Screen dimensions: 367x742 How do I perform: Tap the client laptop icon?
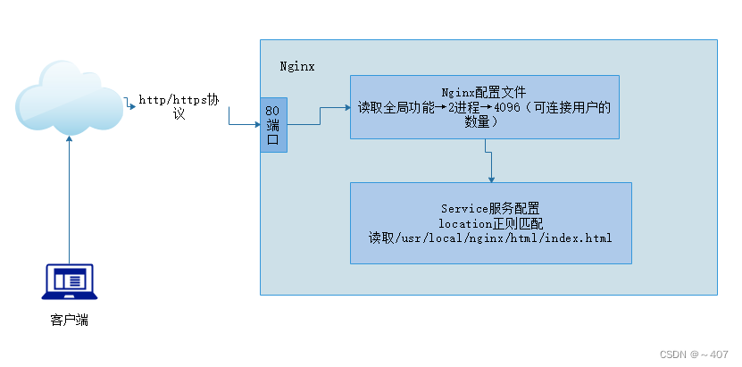pos(69,282)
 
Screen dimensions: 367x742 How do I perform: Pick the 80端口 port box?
pos(273,125)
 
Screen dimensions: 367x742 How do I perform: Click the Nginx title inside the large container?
pos(297,67)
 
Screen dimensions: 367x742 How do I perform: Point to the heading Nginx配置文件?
pos(484,93)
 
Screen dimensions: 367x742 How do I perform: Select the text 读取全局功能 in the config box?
pos(396,108)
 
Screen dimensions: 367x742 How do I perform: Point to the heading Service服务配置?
pos(489,208)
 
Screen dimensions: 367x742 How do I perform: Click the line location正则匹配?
pos(489,223)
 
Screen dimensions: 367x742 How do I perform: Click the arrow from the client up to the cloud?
pos(69,196)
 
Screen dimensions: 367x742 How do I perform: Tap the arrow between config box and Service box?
pos(490,161)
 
